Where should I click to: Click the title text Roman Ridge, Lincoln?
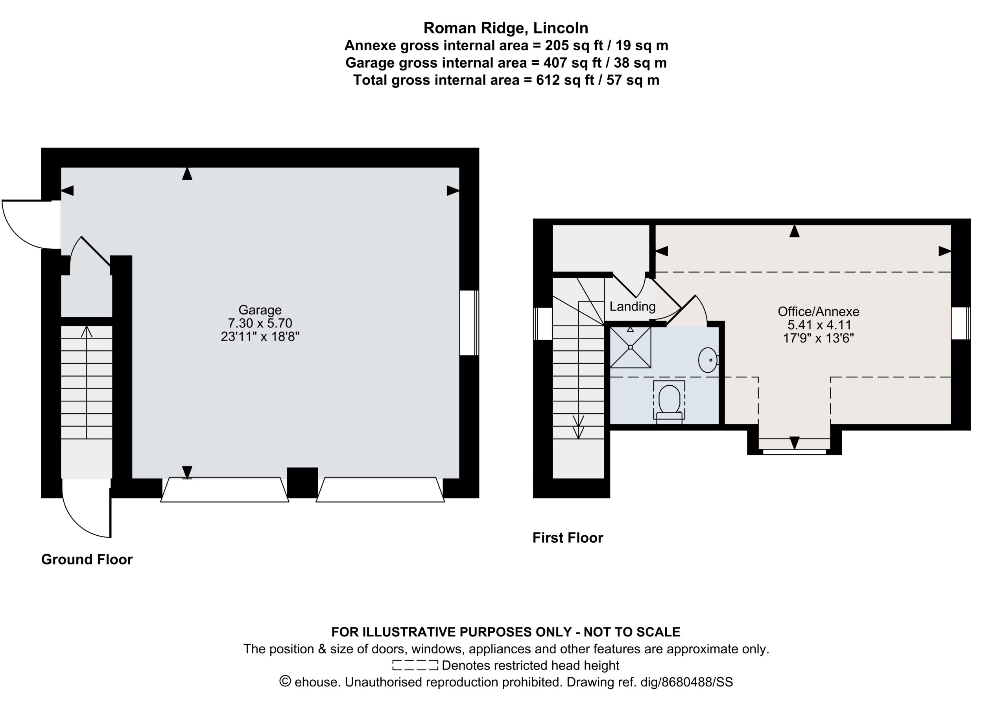pos(506,28)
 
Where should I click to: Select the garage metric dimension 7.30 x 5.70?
pos(260,323)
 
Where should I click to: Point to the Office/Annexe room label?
pos(819,312)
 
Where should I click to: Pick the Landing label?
pos(633,306)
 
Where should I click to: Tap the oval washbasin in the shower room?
pos(707,360)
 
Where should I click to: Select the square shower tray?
pos(630,347)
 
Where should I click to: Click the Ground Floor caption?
pos(87,559)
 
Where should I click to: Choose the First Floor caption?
pos(568,538)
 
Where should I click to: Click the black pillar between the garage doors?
pos(302,483)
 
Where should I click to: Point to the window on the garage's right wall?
pos(469,323)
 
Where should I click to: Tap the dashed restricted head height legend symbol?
pos(415,666)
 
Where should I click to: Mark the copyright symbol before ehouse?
pos(285,682)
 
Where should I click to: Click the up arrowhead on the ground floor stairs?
pos(87,331)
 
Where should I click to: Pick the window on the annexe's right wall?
pos(961,323)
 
